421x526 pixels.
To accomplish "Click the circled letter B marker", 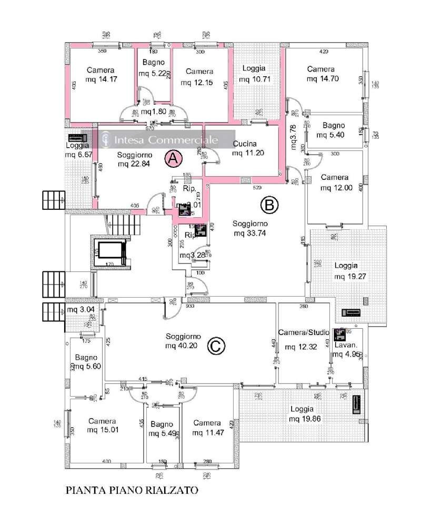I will (x=269, y=205).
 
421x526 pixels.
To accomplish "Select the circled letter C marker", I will (x=214, y=346).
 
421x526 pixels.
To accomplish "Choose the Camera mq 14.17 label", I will (x=99, y=75).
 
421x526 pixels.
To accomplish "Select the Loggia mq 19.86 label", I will (x=300, y=413).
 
